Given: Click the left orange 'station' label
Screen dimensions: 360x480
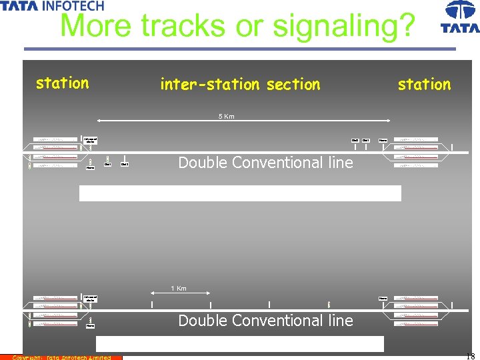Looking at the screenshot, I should click(62, 83).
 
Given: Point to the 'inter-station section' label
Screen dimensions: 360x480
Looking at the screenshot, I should click(240, 85).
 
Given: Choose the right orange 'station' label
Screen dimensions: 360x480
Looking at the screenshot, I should click(424, 85).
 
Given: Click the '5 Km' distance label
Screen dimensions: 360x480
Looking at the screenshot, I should click(227, 117).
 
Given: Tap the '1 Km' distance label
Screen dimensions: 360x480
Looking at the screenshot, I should click(179, 289).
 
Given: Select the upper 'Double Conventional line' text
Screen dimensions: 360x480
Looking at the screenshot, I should click(265, 163).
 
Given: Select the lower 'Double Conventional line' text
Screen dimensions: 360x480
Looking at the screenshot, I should click(265, 321).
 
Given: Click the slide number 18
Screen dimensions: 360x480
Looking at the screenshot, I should click(470, 356).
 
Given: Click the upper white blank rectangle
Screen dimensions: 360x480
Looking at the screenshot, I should click(240, 193).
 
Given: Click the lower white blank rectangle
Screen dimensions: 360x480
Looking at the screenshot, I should click(240, 344).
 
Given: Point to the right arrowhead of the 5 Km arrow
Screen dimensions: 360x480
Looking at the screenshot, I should click(391, 121).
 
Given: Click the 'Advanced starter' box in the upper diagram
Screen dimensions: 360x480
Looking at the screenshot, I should click(90, 141).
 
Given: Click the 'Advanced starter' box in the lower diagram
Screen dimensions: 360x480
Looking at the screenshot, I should click(90, 298).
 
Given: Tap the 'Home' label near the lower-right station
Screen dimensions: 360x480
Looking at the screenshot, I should click(383, 298).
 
